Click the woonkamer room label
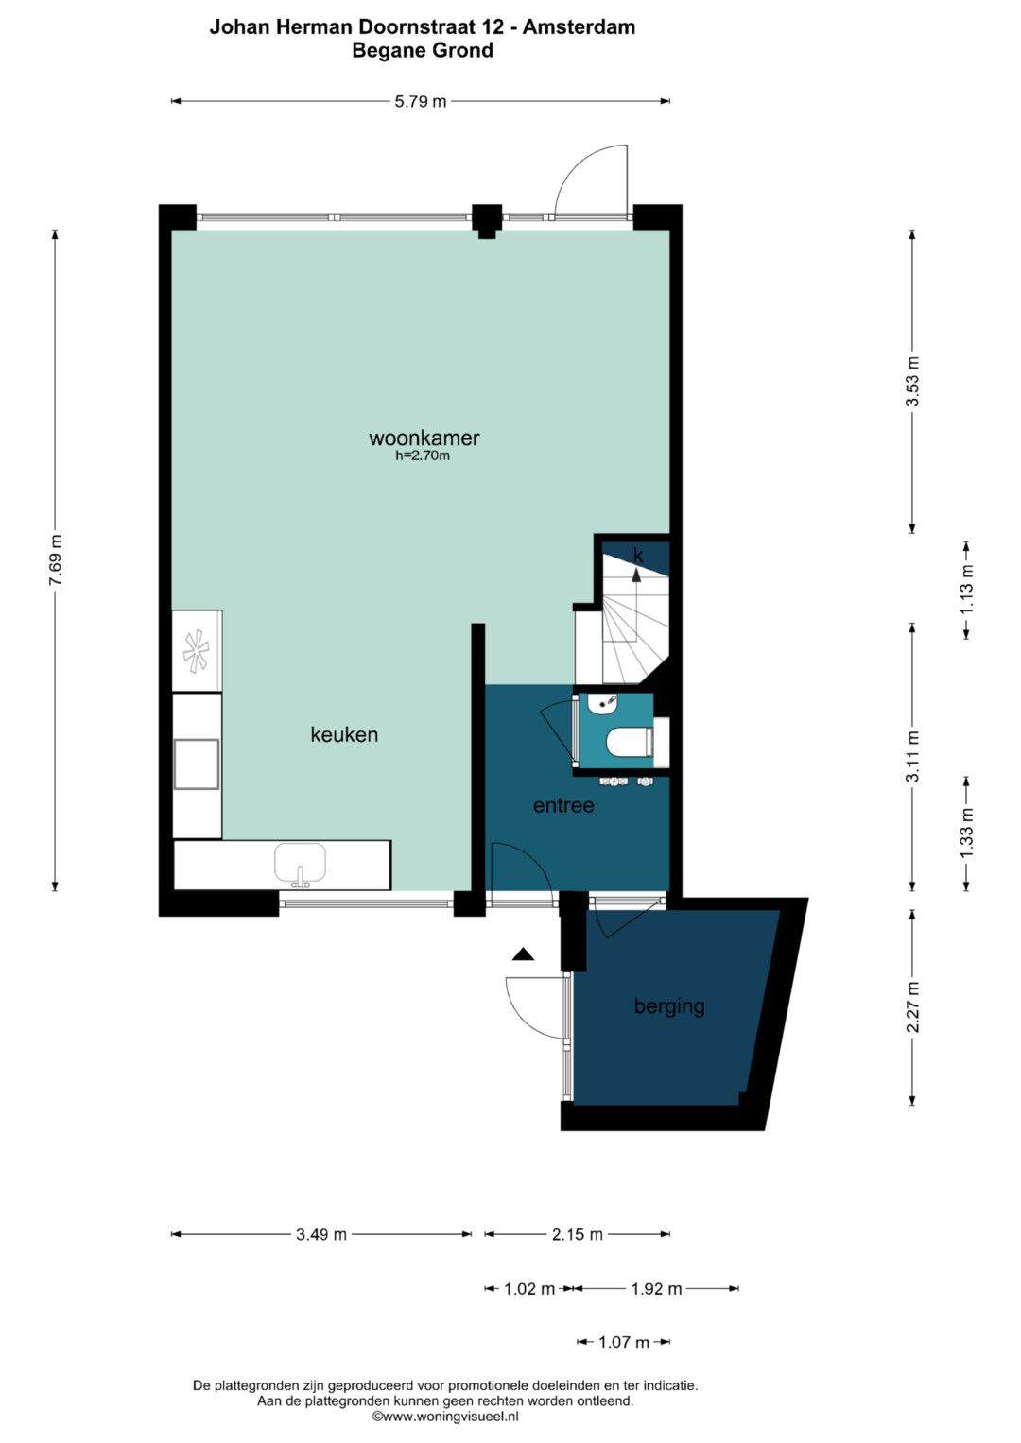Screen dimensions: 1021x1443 pyautogui.click(x=424, y=438)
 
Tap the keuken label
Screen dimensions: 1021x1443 pyautogui.click(x=344, y=734)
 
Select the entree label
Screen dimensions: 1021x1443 pyautogui.click(x=563, y=805)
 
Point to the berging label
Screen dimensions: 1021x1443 pyautogui.click(x=669, y=1006)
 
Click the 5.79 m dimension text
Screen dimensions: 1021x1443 pyautogui.click(x=421, y=102)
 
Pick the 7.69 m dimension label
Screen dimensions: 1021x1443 pyautogui.click(x=56, y=559)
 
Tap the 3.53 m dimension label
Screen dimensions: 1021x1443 pyautogui.click(x=912, y=382)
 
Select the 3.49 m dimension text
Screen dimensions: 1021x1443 pyautogui.click(x=321, y=1235)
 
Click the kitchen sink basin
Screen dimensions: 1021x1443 pyautogui.click(x=300, y=863)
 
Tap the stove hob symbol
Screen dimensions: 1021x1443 pyautogui.click(x=197, y=651)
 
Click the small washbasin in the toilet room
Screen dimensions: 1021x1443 pyautogui.click(x=603, y=703)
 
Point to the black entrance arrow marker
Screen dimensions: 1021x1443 pyautogui.click(x=524, y=954)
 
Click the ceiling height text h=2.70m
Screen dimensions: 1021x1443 pyautogui.click(x=423, y=456)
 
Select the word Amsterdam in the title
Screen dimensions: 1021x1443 pyautogui.click(x=579, y=27)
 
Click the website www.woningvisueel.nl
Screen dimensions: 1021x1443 pyautogui.click(x=445, y=1417)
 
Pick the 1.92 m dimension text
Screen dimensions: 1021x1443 pyautogui.click(x=655, y=1289)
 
